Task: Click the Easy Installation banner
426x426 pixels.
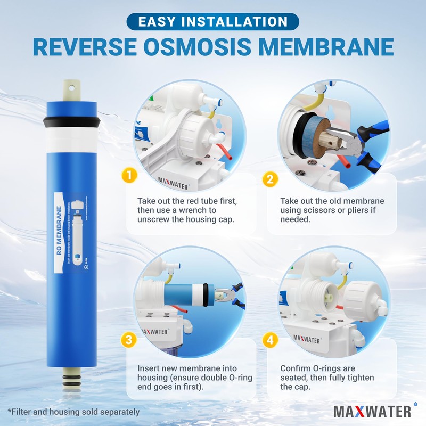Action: [213, 22]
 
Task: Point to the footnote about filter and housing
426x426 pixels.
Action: [73, 411]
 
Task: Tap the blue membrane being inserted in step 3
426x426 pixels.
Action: [184, 294]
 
